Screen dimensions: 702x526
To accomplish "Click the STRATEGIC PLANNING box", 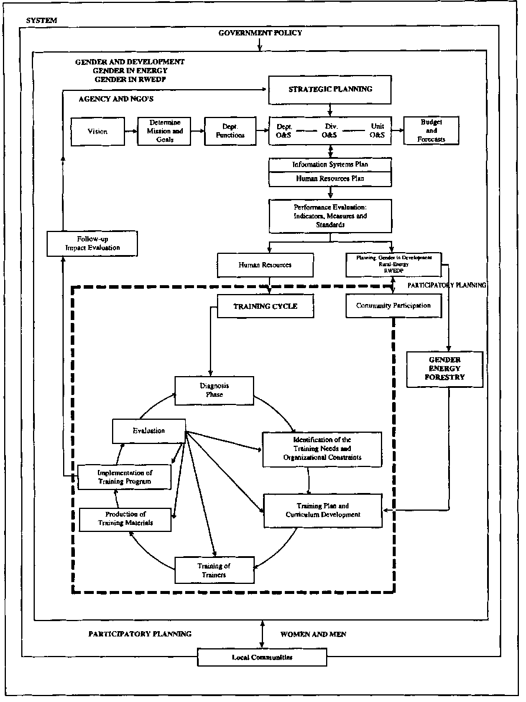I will coord(330,89).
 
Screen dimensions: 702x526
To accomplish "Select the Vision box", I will coord(97,131).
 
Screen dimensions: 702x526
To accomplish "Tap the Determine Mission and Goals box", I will coord(165,131).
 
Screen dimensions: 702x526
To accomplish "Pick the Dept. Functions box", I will coord(229,131).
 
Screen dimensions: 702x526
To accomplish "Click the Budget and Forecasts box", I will coord(431,131).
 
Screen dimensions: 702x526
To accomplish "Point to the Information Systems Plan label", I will coord(330,165).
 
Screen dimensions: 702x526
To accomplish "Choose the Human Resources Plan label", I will coord(330,178).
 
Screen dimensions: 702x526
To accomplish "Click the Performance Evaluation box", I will coord(330,216).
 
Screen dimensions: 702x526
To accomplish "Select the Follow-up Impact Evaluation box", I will coord(93,243).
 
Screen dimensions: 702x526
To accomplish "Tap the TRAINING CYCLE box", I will coord(265,306).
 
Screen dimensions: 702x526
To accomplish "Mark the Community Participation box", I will coord(393,306).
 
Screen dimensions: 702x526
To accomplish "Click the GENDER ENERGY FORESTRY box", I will coord(445,369).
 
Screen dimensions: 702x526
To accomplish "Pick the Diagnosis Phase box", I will coord(214,390).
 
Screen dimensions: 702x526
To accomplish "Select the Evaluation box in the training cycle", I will coord(149,431).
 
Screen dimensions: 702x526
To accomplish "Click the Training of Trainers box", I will coord(215,570).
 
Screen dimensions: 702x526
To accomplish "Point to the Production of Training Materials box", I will coord(126,518).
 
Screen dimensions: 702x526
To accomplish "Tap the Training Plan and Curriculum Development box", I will coord(322,510).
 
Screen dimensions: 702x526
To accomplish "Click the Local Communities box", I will coord(262,657).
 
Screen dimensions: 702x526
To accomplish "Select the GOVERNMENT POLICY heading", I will coord(260,33).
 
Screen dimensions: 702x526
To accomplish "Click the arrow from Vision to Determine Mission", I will coord(131,131).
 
